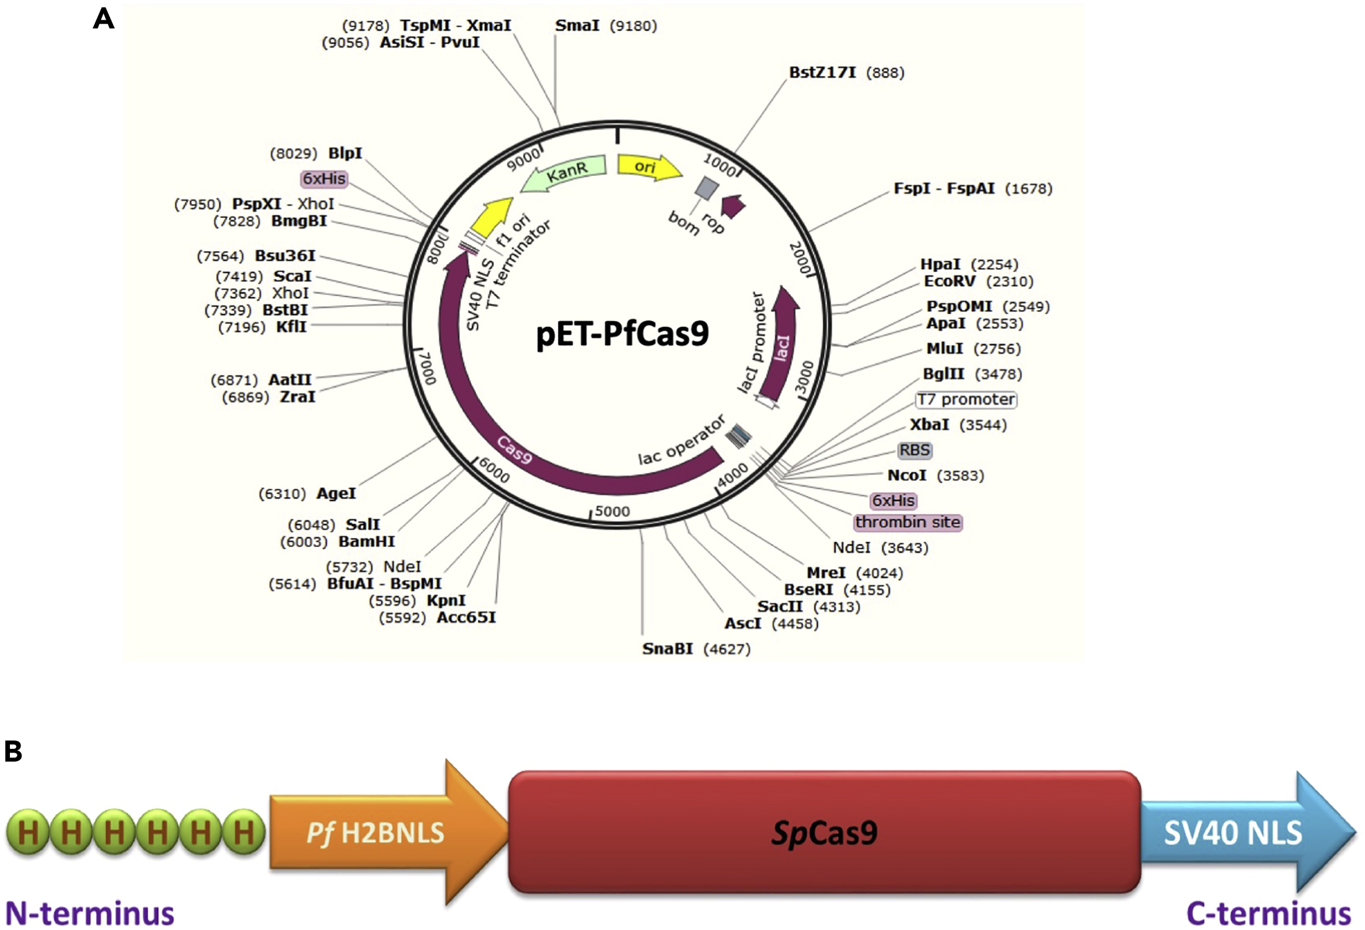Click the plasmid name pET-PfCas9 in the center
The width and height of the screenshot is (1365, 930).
coord(622,334)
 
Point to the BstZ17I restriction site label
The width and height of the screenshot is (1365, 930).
coord(846,73)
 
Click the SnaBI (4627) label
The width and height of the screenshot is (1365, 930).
coord(695,649)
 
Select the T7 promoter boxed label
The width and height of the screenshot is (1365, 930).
coord(966,399)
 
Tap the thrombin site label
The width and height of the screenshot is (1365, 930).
coord(908,523)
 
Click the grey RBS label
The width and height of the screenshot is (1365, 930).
coord(914,450)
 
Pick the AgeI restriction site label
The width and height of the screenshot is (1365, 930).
coord(307,493)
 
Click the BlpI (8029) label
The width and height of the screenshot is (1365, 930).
coord(316,153)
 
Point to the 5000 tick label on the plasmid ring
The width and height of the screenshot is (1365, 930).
coord(612,512)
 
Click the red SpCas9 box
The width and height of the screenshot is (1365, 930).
coord(824,832)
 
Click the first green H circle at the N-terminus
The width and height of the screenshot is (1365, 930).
coord(28,832)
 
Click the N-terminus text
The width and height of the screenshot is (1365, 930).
coord(90,913)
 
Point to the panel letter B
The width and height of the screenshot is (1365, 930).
coord(13,751)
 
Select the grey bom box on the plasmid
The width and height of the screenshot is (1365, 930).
coord(707,188)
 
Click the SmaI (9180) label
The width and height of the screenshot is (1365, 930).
coord(605,26)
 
